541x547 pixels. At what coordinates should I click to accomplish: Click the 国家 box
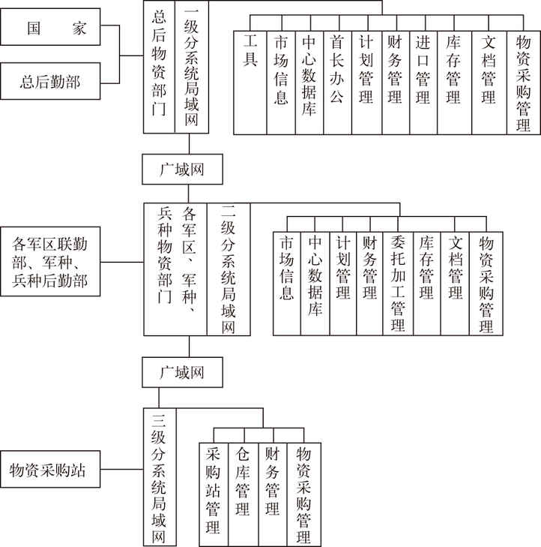[x=50, y=27]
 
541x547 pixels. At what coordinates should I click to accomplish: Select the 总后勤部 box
[x=50, y=81]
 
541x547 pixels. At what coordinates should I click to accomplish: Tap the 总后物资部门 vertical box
[x=159, y=67]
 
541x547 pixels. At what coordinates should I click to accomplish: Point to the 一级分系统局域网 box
[x=192, y=67]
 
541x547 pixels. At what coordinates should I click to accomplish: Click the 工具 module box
[x=250, y=83]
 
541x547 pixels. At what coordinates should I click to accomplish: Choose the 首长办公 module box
[x=337, y=83]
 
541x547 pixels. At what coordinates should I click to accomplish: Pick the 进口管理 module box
[x=423, y=83]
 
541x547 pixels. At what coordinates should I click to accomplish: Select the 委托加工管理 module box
[x=398, y=284]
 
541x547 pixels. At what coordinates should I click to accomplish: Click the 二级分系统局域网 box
[x=229, y=269]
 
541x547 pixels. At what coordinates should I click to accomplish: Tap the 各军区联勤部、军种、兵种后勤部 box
[x=50, y=262]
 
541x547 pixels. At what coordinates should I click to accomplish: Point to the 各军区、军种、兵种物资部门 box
[x=175, y=269]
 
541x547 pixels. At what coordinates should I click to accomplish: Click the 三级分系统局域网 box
[x=160, y=476]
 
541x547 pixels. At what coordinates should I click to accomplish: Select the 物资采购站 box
[x=50, y=469]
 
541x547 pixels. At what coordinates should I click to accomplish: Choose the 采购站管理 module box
[x=214, y=494]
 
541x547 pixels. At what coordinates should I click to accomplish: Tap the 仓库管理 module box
[x=244, y=494]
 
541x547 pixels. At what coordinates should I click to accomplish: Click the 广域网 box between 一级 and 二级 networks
[x=182, y=169]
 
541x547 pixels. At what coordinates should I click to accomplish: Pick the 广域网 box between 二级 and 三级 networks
[x=182, y=372]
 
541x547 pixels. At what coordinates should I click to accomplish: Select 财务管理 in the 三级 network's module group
[x=273, y=494]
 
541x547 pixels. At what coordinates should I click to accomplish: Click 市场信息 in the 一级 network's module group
[x=281, y=83]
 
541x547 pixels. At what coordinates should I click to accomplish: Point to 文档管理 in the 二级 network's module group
[x=455, y=284]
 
